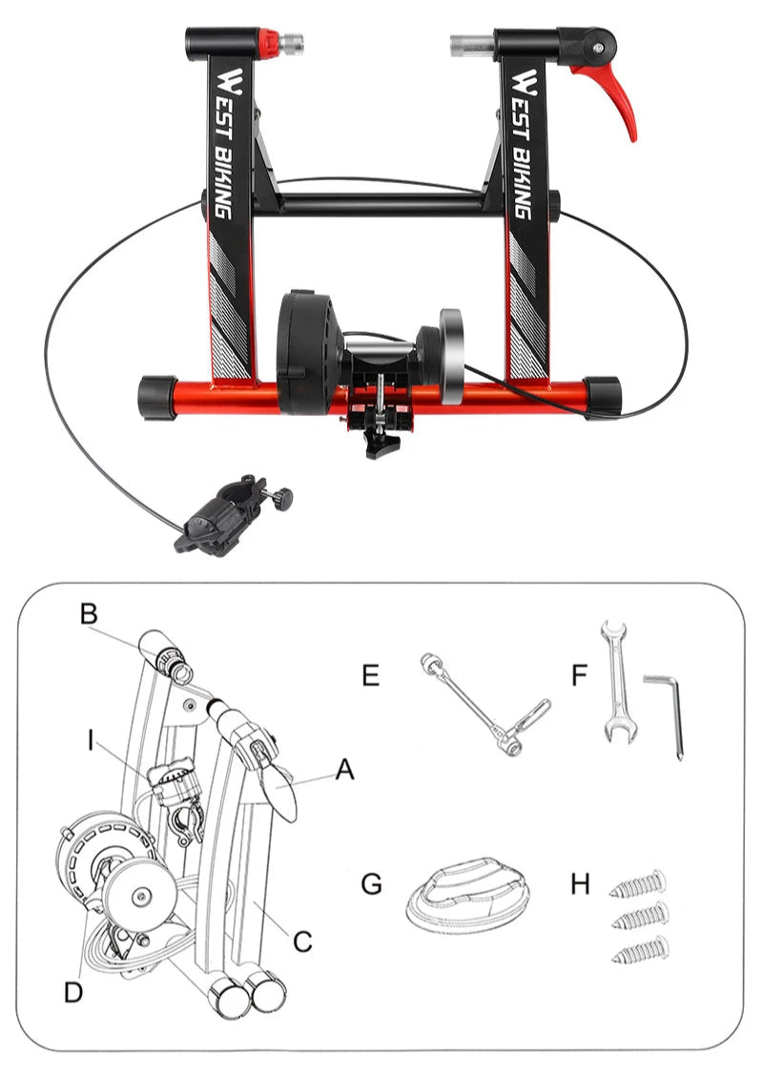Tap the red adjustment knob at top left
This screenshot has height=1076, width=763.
[271, 41]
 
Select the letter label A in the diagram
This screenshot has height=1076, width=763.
[344, 769]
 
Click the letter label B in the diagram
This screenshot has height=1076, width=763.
[88, 615]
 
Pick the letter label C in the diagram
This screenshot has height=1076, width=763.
[302, 941]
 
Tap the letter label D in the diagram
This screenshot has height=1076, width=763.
[73, 992]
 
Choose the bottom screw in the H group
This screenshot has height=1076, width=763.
[639, 950]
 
